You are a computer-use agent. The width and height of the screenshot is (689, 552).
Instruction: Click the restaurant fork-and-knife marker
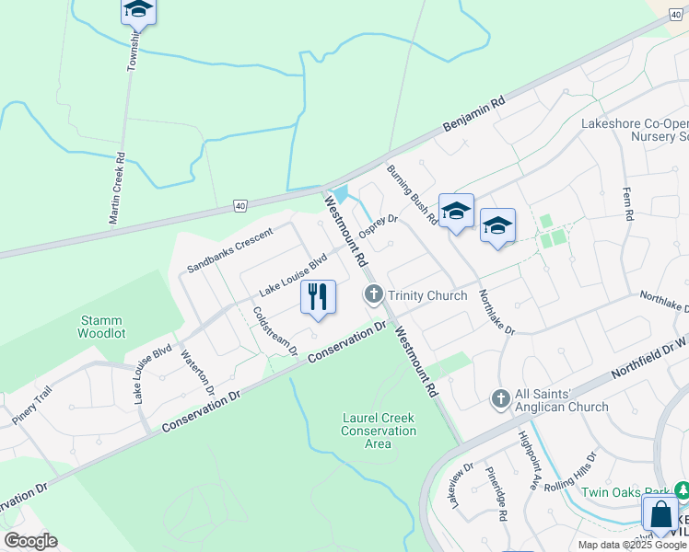(x=318, y=297)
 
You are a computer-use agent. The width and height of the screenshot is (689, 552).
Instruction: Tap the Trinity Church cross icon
(x=373, y=295)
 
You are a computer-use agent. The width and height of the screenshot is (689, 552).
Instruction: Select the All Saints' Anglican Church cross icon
(x=500, y=398)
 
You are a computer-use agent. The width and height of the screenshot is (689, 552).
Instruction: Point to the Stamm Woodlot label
(x=101, y=326)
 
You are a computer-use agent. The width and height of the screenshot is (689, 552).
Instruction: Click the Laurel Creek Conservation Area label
(x=378, y=431)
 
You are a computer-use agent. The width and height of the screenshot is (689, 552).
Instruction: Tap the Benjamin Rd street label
(x=475, y=113)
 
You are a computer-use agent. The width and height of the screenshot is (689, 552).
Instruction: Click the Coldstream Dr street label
(x=274, y=330)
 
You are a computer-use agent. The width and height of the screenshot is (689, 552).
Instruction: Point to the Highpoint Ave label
(x=528, y=459)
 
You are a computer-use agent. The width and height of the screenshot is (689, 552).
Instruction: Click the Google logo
(x=30, y=541)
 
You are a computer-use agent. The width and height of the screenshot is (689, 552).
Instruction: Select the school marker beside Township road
(x=138, y=10)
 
